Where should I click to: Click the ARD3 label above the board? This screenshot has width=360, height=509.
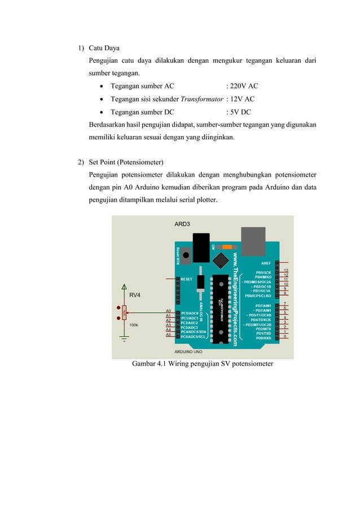click(x=182, y=224)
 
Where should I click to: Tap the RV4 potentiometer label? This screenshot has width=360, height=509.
click(x=135, y=295)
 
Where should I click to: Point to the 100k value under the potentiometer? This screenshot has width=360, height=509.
click(x=134, y=325)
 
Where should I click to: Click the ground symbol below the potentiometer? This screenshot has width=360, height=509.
click(x=124, y=340)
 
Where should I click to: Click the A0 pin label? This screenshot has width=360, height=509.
click(x=168, y=311)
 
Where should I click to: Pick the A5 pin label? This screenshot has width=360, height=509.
click(x=168, y=335)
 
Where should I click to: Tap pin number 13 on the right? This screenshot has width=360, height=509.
click(x=286, y=270)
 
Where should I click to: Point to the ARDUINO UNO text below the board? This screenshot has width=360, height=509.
click(x=188, y=351)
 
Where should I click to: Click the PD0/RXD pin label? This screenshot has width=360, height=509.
click(x=264, y=337)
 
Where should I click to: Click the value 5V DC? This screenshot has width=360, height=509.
click(x=240, y=112)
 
